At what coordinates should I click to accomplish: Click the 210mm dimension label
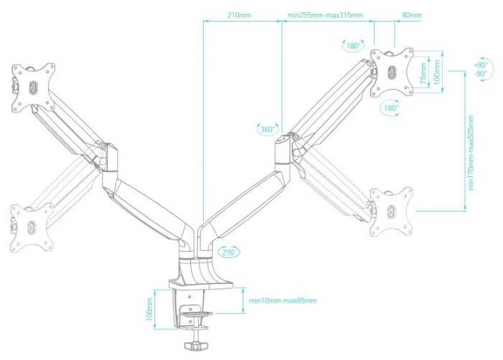[240, 15]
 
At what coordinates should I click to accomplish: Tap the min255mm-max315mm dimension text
[325, 15]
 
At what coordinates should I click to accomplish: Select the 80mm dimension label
[412, 15]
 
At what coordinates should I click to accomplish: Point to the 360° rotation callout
[268, 129]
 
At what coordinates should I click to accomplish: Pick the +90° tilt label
[481, 65]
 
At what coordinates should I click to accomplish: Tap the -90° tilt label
[481, 74]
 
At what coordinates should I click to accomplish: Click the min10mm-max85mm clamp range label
[283, 300]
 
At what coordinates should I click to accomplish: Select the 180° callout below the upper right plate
[390, 108]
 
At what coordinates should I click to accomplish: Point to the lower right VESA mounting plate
[392, 211]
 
